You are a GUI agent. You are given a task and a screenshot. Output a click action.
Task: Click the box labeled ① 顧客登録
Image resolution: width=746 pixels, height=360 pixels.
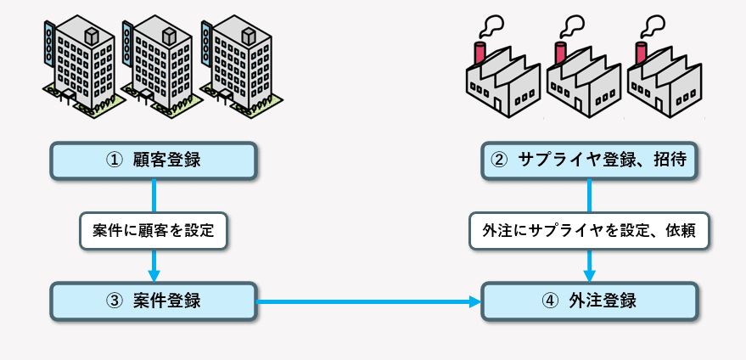coord(153,159)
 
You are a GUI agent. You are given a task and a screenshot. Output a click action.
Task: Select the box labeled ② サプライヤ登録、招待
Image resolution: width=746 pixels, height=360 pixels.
coord(590,159)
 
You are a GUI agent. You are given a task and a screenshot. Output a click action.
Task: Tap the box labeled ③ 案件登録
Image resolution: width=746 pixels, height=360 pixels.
coord(153,301)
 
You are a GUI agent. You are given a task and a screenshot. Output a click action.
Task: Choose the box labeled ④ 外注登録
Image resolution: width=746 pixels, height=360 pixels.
coord(590,301)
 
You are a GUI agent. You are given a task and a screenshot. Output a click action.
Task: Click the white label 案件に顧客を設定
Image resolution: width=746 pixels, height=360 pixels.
coord(154,230)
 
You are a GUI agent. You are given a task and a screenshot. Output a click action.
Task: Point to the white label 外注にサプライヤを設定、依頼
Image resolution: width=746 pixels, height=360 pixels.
coord(589,230)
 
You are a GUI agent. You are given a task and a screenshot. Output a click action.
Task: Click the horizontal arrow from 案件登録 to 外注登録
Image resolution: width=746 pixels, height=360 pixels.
coord(365,301)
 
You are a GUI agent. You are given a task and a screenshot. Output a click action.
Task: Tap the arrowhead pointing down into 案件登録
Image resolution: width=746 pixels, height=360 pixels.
coord(154,274)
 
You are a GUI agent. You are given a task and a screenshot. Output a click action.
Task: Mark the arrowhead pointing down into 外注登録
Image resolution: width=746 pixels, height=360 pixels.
coord(589,274)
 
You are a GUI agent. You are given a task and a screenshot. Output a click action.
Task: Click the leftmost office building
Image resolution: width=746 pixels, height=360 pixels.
coord(81,64)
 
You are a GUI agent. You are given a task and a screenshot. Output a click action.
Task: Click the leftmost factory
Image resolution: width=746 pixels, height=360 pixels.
coord(501,85)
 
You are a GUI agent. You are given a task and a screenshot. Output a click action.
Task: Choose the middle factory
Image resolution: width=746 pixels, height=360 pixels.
coord(581,85)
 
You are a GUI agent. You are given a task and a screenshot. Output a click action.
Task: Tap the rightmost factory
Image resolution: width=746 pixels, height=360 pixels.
coord(662,85)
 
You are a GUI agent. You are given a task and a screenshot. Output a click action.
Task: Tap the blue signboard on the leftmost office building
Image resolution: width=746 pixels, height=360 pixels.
coord(48,49)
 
